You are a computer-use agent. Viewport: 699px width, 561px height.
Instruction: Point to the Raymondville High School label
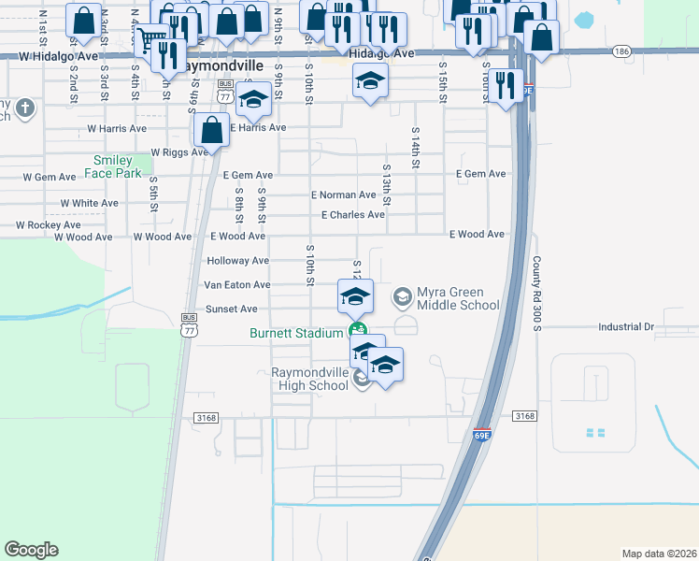point(309,379)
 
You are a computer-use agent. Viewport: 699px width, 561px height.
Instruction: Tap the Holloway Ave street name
point(237,261)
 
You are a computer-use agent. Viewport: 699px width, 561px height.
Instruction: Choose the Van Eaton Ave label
point(236,284)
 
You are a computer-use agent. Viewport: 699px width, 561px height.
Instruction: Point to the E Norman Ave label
point(344,195)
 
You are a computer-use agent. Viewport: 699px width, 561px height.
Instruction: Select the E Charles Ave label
point(352,215)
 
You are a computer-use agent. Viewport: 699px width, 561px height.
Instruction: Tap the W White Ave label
point(89,203)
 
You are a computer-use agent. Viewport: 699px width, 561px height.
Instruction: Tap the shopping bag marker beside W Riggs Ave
point(211,131)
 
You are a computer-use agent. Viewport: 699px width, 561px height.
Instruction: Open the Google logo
point(31,550)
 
